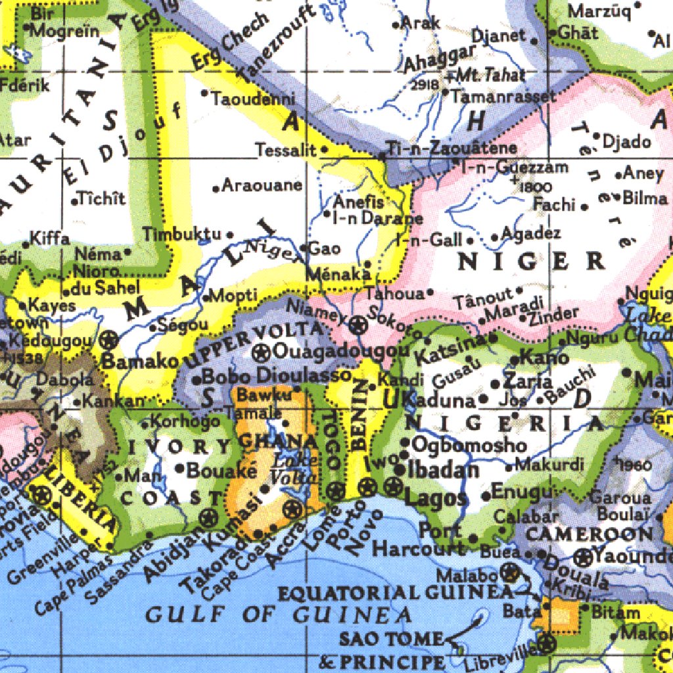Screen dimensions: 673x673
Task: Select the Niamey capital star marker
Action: tap(358, 323)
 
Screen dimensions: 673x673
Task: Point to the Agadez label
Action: tap(531, 234)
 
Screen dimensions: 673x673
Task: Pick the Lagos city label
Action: tap(435, 498)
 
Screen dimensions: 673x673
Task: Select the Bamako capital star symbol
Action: tap(109, 340)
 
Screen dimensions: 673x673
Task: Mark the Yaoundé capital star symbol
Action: tap(583, 557)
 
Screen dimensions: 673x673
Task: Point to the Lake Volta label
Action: tap(289, 467)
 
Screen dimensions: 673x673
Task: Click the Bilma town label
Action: tap(645, 197)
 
